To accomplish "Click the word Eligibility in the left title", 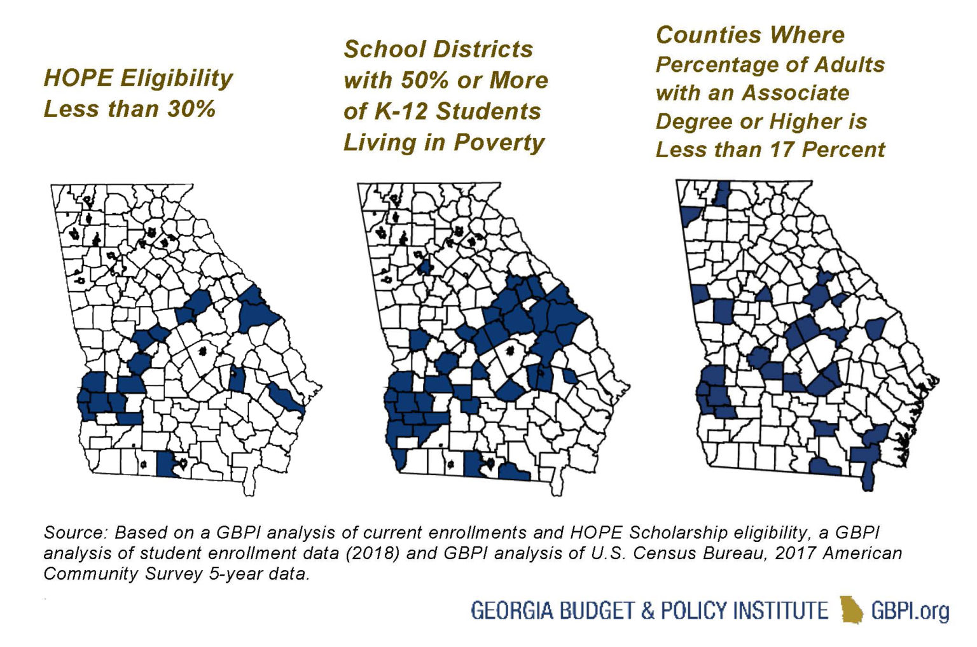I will [176, 78].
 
